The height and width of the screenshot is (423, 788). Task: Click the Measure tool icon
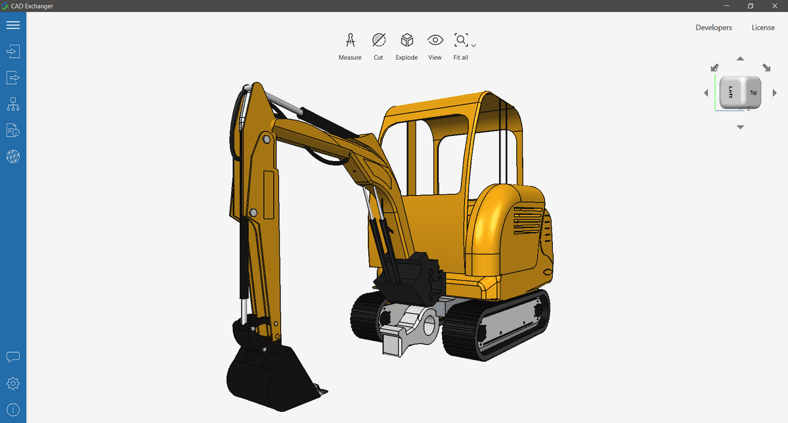click(350, 41)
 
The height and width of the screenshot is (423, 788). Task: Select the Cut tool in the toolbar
click(378, 41)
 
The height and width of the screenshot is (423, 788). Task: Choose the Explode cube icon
click(406, 41)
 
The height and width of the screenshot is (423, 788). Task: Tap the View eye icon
click(435, 41)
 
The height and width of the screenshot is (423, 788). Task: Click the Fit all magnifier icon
click(460, 41)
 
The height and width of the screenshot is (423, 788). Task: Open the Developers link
click(714, 28)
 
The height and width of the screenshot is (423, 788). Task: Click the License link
click(763, 28)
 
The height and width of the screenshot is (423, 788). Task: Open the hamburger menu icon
click(13, 25)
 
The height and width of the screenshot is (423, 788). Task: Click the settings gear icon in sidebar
click(13, 383)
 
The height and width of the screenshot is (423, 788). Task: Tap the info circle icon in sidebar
click(13, 410)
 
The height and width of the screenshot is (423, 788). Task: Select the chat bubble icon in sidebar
click(13, 357)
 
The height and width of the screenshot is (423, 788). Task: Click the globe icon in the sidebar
click(13, 156)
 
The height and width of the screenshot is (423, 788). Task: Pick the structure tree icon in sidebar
click(13, 104)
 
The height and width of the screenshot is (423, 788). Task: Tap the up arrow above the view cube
click(740, 59)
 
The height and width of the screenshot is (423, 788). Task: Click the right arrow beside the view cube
click(775, 93)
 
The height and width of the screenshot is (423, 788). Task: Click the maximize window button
click(751, 6)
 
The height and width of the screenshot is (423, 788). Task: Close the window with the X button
click(776, 6)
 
